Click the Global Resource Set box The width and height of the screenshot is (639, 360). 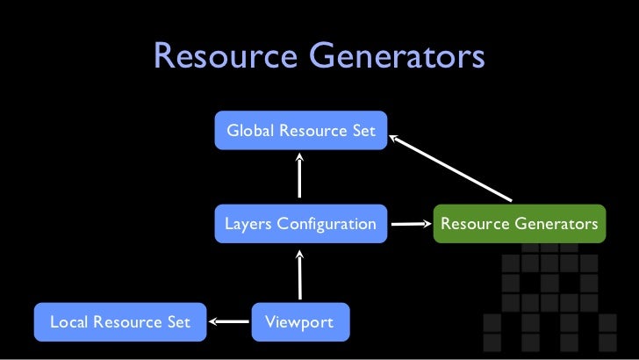coord(300,131)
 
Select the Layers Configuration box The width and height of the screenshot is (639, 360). coord(300,225)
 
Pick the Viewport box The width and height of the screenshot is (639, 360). coord(300,322)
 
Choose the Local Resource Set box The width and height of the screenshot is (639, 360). coord(119,322)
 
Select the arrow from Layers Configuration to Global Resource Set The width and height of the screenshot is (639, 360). coord(300,176)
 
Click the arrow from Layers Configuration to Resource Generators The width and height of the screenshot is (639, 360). coord(409,225)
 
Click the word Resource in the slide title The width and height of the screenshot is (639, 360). coord(224,58)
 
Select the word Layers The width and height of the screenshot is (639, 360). coord(248,225)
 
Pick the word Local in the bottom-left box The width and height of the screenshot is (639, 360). coord(67,322)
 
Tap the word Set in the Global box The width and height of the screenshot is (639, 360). coord(363,131)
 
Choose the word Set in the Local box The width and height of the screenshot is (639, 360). coord(179,322)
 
